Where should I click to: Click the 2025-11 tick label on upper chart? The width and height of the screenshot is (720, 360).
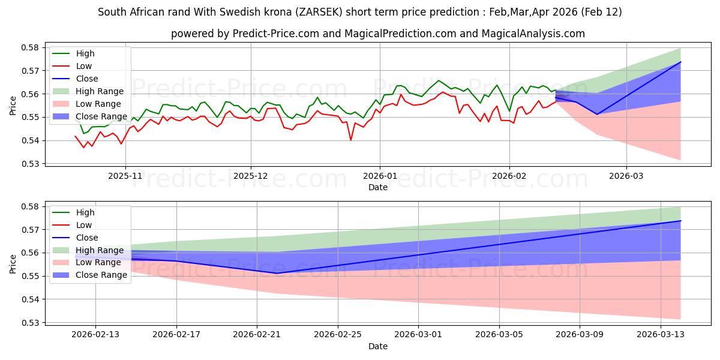[x=125, y=176]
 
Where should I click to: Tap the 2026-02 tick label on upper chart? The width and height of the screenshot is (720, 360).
[x=509, y=176]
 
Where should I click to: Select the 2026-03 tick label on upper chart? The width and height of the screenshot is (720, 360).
[x=626, y=176]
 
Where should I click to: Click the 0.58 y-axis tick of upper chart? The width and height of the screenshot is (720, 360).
[x=31, y=47]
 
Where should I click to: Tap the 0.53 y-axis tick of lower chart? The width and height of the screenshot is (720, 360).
[x=31, y=323]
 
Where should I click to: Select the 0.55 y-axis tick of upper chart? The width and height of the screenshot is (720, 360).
[x=31, y=117]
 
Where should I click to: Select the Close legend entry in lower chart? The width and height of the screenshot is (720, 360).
[x=87, y=238]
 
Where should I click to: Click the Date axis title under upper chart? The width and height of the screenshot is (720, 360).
[x=378, y=187]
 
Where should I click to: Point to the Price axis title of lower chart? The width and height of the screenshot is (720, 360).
[x=13, y=264]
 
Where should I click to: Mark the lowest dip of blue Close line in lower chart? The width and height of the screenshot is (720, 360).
[x=277, y=273]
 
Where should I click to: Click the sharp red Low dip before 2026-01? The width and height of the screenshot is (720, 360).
[x=351, y=140]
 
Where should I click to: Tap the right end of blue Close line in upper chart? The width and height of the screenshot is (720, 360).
[x=680, y=62]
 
